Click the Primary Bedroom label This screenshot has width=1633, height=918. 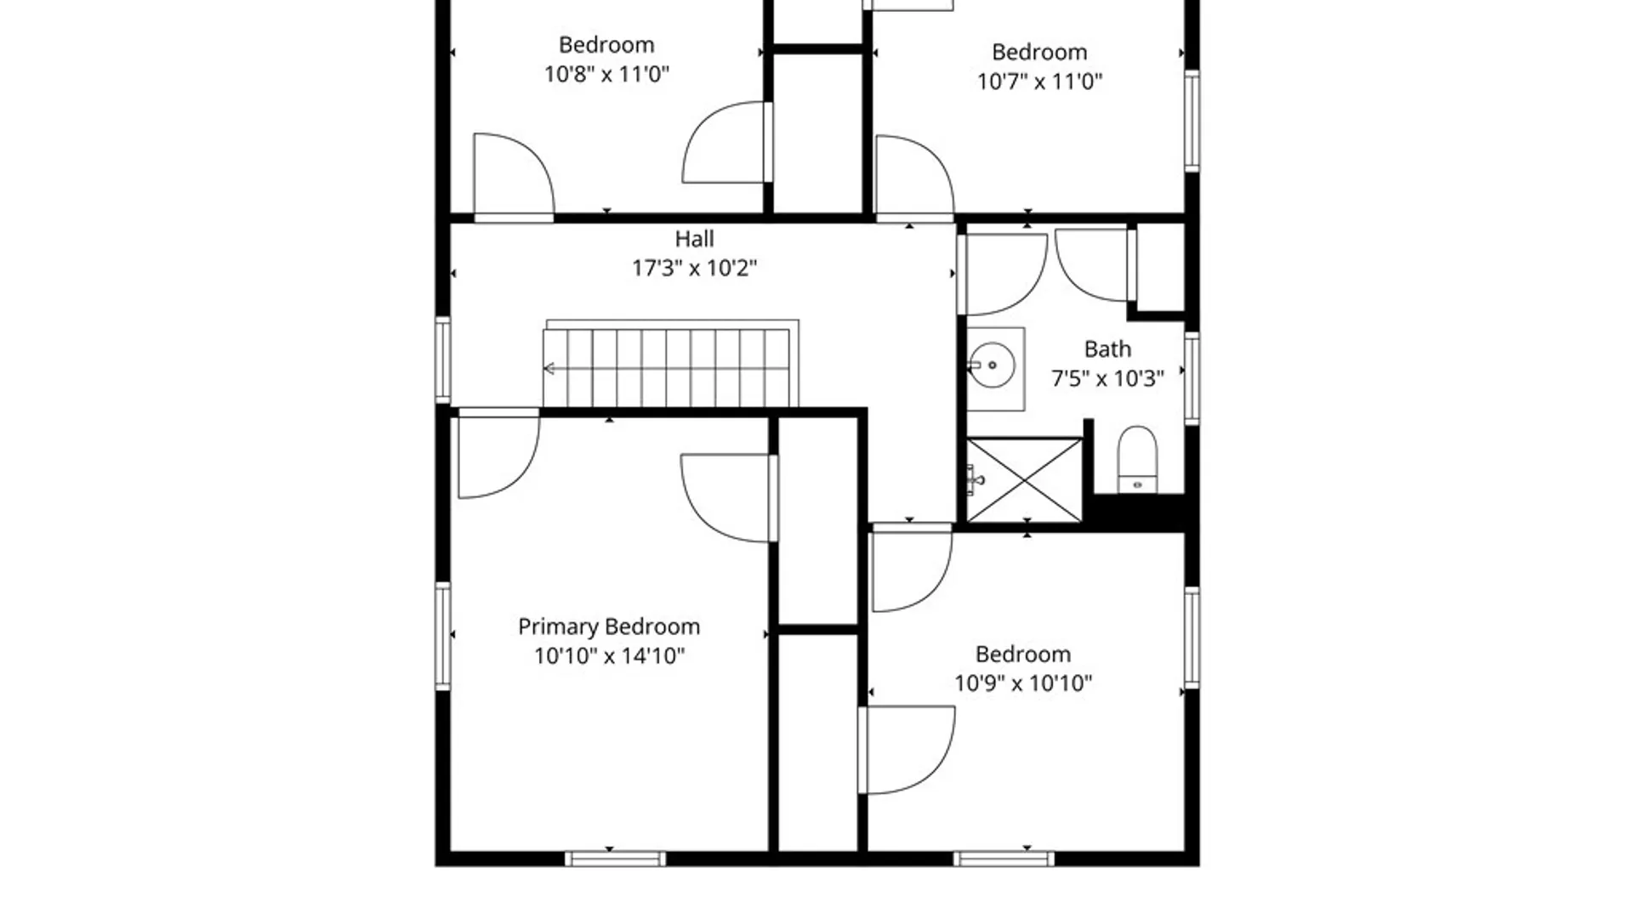tap(609, 627)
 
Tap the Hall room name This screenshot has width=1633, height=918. tap(694, 239)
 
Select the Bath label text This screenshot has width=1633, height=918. tap(1107, 349)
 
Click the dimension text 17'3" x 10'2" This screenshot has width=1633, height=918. tap(694, 269)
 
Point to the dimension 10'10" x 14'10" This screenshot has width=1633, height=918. tap(609, 656)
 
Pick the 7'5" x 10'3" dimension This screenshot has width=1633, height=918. tap(1107, 379)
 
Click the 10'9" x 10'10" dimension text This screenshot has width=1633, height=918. tap(1023, 683)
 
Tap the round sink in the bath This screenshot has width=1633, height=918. tap(992, 365)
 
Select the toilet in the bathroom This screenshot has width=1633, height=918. tap(1137, 459)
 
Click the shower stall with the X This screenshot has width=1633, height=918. tap(1024, 480)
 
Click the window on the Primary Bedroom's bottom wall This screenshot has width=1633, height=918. tap(616, 859)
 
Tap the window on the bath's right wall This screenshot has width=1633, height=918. tap(1192, 378)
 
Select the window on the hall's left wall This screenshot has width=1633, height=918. tap(443, 360)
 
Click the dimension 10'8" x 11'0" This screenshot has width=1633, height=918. tap(606, 74)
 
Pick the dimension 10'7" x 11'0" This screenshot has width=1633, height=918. tap(1039, 82)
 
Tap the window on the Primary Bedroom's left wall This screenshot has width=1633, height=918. tap(443, 636)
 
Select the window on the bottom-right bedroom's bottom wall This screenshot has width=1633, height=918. tap(1004, 859)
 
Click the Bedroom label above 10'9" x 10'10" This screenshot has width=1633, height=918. tap(1023, 654)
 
